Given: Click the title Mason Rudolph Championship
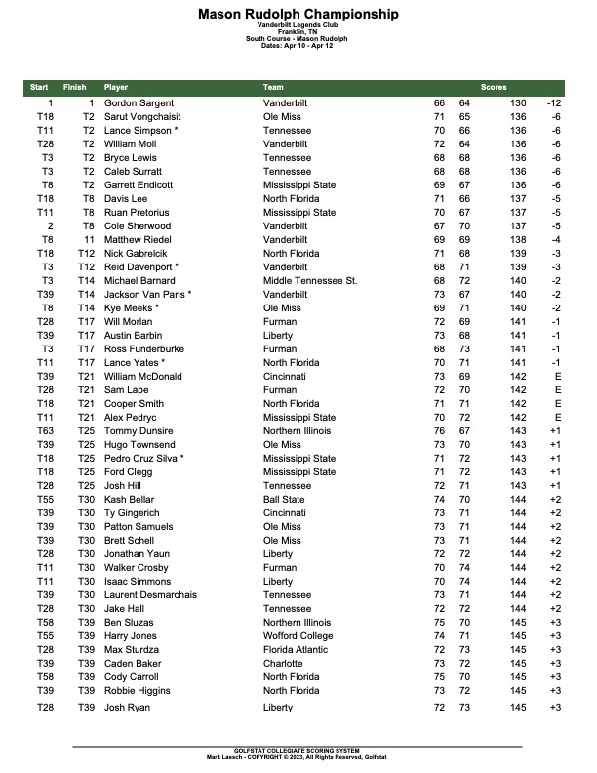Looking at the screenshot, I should (x=298, y=14).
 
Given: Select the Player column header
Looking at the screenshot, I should (x=116, y=88).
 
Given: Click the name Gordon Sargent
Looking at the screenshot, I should (x=139, y=102).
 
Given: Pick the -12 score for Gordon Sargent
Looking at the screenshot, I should (x=554, y=102).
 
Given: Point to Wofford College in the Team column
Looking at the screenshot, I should (x=298, y=635).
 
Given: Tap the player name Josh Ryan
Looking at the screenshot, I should (x=127, y=707).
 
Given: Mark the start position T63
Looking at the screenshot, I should (x=45, y=430).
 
